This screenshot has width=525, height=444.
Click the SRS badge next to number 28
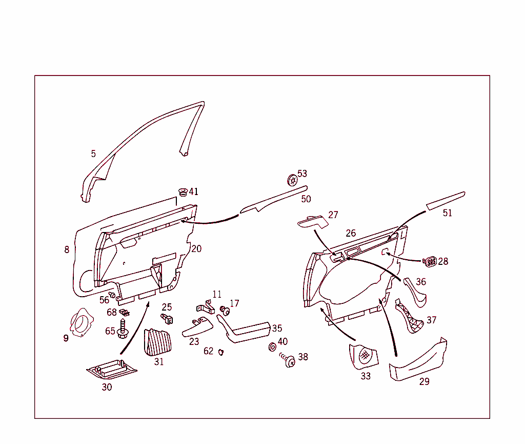430,261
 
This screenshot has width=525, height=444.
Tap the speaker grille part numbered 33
364,356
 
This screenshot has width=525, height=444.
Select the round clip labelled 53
293,180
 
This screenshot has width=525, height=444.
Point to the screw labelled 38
288,360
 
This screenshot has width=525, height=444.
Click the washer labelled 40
273,347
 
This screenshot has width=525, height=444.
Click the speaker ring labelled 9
81,322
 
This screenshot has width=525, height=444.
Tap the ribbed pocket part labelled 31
158,342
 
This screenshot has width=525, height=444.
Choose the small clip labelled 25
167,319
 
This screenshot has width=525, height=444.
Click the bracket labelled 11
206,307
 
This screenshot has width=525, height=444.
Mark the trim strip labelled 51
446,201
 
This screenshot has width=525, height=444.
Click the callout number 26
351,233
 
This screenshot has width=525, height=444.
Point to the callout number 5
93,154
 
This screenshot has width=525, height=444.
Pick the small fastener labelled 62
220,352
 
